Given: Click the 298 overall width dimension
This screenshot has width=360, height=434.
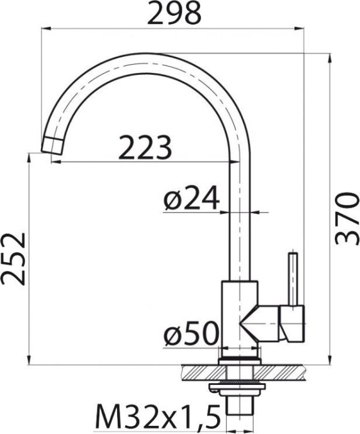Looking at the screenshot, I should [x=173, y=13].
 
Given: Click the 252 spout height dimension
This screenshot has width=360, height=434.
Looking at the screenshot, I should [x=13, y=259].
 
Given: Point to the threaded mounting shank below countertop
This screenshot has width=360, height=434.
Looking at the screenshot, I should [x=239, y=409].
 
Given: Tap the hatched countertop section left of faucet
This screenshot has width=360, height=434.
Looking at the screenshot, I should [x=198, y=372].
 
